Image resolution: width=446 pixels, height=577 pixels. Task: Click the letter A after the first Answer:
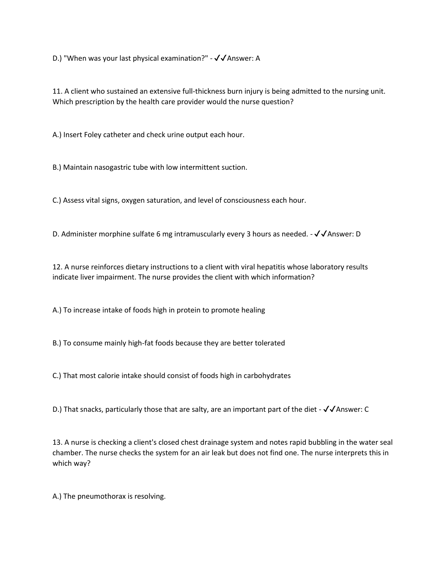[x=257, y=58]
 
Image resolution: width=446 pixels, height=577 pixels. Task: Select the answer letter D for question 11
[x=358, y=234]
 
